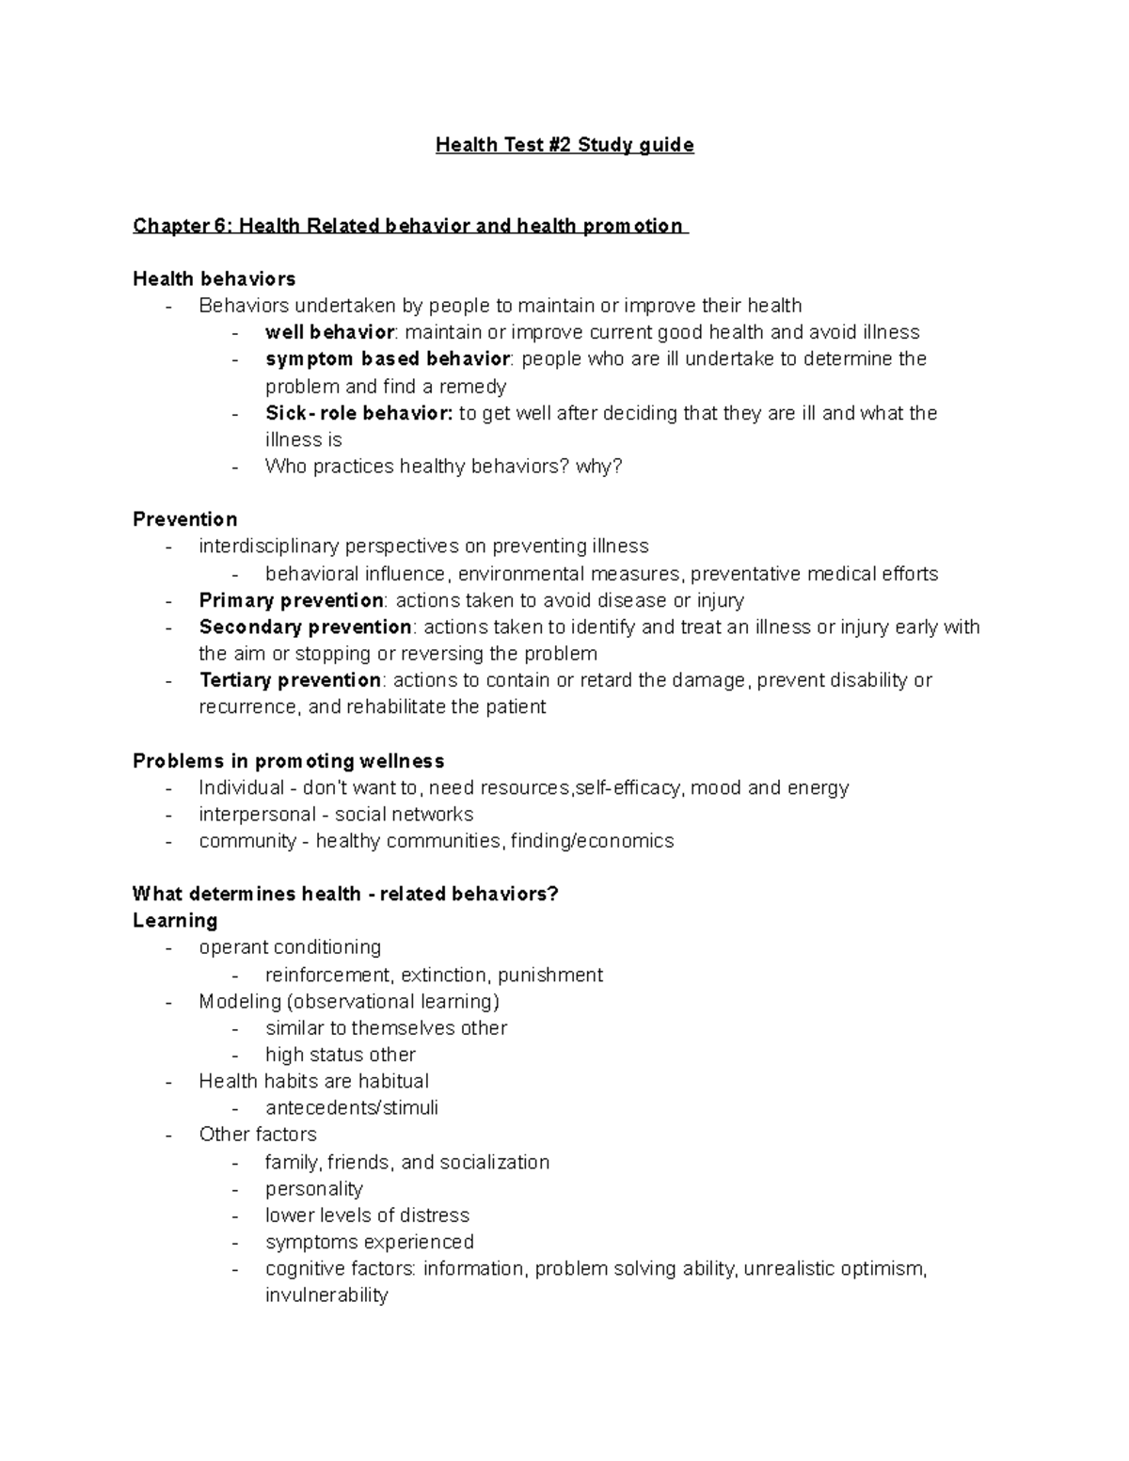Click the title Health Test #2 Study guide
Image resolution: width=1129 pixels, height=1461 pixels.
tap(564, 145)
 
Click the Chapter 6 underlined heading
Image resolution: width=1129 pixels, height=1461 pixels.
tap(409, 226)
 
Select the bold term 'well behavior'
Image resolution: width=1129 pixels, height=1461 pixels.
tap(329, 332)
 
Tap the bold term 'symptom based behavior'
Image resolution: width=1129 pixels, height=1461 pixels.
tap(388, 359)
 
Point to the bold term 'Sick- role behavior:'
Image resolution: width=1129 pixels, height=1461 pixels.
tap(358, 413)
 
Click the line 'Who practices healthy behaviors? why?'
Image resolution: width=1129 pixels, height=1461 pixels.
tap(443, 467)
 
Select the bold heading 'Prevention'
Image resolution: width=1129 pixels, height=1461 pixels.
tap(184, 519)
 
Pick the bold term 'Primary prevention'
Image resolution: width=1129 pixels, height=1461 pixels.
tap(291, 600)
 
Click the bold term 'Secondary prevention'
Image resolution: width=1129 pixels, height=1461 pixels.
tap(305, 627)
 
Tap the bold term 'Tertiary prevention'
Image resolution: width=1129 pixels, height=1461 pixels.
tap(290, 680)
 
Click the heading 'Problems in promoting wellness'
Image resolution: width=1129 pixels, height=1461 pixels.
tap(288, 761)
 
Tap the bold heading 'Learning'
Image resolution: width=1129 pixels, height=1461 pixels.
tap(175, 920)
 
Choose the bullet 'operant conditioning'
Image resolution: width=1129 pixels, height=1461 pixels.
tap(290, 947)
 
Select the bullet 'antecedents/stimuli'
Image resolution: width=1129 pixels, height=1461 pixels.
tap(351, 1108)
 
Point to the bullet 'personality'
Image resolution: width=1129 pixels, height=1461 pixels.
tap(313, 1189)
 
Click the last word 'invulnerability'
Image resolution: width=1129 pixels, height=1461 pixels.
tap(326, 1295)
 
